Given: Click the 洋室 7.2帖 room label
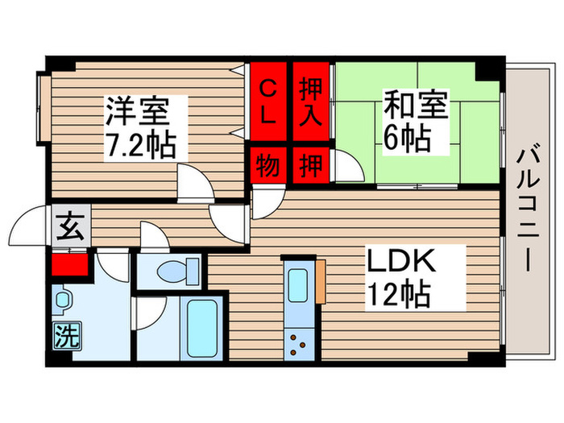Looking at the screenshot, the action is [x=141, y=128].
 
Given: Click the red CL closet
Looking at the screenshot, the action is [x=268, y=101].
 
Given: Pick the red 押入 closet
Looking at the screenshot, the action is [x=310, y=101].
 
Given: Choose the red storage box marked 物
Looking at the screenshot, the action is [x=268, y=165].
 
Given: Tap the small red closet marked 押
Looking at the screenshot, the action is [x=310, y=165].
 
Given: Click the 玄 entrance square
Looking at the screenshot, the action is [x=71, y=226].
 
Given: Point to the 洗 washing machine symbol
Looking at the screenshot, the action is [x=67, y=336].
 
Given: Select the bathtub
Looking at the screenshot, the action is [x=202, y=328].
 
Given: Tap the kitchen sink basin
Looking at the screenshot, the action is [x=298, y=285].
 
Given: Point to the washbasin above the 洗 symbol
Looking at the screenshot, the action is [x=64, y=299].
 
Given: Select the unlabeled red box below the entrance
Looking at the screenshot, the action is [x=70, y=265].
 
